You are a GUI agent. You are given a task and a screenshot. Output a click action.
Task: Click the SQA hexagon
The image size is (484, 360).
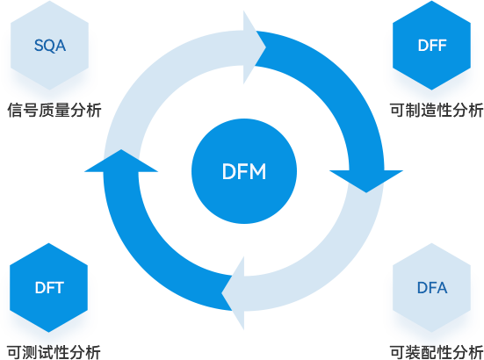[50, 46]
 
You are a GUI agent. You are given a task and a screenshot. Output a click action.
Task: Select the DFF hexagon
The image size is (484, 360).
[431, 46]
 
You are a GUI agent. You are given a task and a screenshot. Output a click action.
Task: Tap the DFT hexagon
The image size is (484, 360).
[49, 287]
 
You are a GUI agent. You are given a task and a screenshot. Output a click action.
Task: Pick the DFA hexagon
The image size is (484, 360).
[431, 287]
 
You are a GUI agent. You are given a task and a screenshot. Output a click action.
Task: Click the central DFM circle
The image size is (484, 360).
[244, 171]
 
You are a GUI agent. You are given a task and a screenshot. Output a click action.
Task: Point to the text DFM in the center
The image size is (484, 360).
[244, 171]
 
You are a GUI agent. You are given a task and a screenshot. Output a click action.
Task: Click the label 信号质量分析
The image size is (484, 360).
[54, 110]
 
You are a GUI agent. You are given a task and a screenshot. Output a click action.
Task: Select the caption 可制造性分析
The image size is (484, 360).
[437, 110]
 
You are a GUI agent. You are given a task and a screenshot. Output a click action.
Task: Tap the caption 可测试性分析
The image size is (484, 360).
[54, 352]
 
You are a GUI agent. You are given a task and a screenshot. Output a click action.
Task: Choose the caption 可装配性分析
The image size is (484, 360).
[437, 352]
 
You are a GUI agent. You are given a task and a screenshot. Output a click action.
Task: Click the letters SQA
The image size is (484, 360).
[50, 46]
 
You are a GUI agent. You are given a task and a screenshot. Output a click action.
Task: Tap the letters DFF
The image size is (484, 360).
[432, 46]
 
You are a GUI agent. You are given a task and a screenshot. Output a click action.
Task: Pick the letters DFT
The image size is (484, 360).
[49, 288]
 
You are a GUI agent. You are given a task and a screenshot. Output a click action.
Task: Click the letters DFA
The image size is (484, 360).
[432, 288]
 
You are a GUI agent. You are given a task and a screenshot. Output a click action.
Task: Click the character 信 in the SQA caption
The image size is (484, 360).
[15, 110]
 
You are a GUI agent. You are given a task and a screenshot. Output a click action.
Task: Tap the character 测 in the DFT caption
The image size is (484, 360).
[30, 352]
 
